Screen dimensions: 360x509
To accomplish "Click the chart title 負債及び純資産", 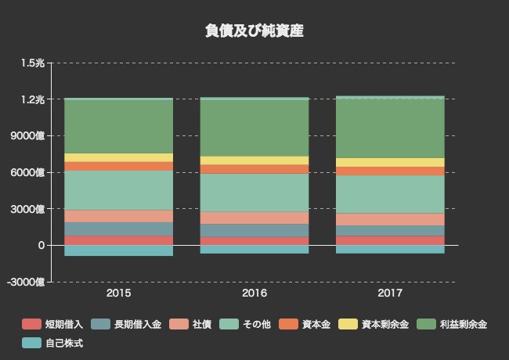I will tap(254, 31).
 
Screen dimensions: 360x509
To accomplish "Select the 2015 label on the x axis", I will tap(118, 293).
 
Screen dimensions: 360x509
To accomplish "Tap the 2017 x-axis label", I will tap(390, 293).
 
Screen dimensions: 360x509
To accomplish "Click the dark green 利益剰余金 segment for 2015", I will tap(118, 126).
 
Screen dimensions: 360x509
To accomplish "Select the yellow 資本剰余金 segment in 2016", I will tap(254, 160).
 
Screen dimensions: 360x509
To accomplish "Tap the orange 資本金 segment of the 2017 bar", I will tap(390, 171).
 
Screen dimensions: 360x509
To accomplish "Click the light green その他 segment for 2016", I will tap(254, 193).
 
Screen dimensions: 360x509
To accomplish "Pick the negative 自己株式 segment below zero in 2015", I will tap(118, 250).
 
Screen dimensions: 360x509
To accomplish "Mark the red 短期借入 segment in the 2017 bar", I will tap(390, 240).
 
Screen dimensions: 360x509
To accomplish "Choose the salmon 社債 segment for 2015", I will tap(118, 216).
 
